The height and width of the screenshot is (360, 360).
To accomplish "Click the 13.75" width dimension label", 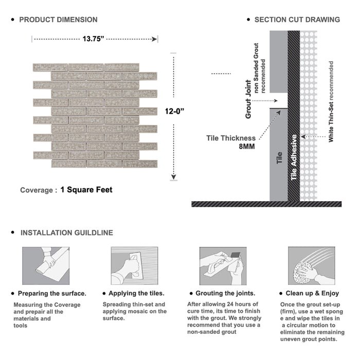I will point(95,38).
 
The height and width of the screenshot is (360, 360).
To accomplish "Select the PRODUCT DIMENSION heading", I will point(58,20).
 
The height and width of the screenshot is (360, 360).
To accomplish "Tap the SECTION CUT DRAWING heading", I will point(297,20).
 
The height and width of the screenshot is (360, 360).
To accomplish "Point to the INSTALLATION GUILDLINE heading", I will point(66,232).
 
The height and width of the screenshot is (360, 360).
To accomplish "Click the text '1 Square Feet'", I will point(86,190).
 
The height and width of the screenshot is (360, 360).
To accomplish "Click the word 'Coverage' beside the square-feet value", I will point(37,190).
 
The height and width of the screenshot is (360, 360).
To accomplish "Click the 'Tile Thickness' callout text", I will point(231,138).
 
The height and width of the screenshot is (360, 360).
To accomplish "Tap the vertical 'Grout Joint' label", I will point(248,99).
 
